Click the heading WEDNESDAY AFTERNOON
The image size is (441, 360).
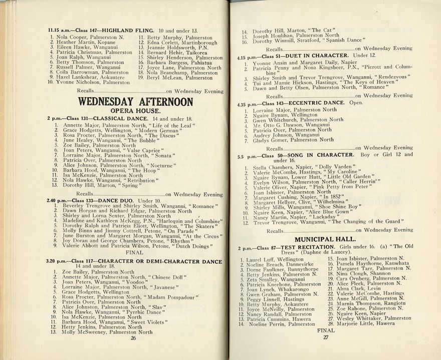(135, 102)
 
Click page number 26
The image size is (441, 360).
(133, 338)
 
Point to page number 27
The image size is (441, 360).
(326, 337)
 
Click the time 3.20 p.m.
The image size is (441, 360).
(56, 261)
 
